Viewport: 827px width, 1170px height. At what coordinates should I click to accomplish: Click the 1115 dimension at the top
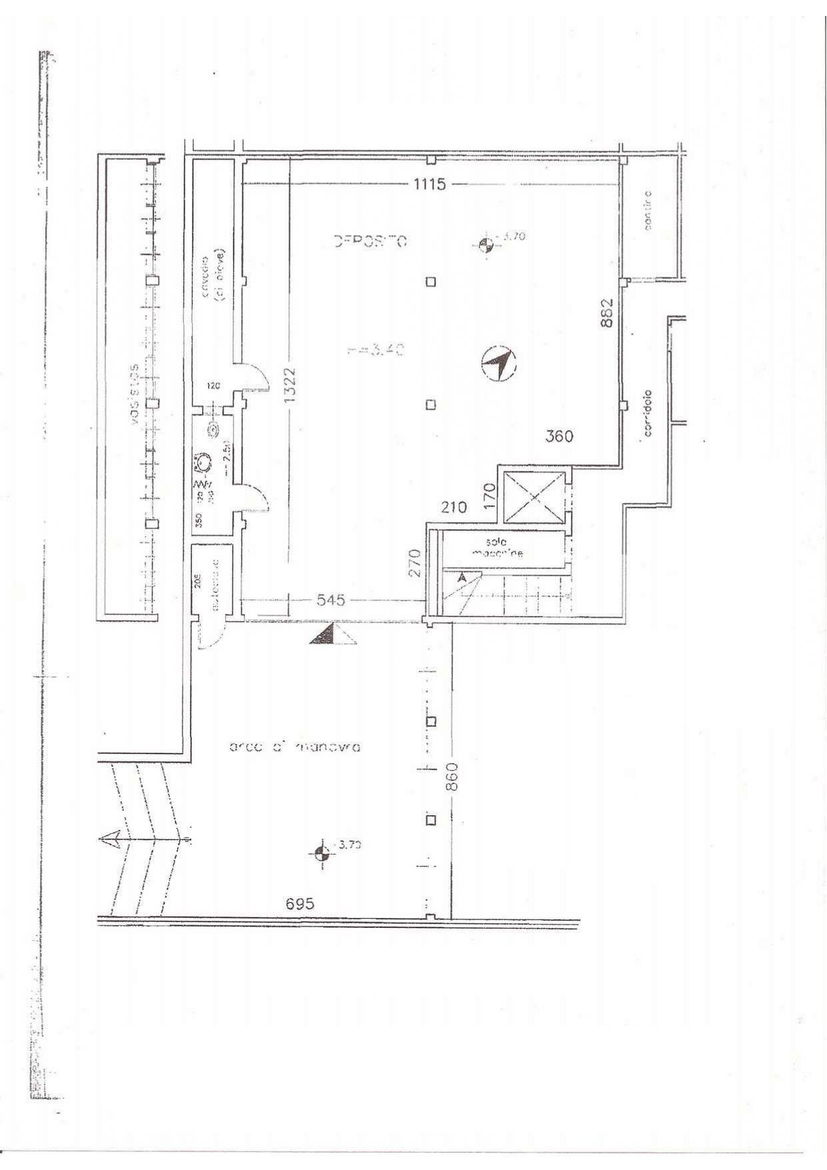pos(429,184)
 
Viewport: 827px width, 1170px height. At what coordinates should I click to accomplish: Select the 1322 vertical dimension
pos(289,386)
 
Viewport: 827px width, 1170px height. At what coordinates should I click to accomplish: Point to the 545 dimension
pos(331,600)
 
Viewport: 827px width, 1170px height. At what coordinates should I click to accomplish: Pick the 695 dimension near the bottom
pos(299,904)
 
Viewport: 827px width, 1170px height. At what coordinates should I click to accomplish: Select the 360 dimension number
pos(559,437)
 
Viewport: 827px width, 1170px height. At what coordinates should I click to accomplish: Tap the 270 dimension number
pos(414,563)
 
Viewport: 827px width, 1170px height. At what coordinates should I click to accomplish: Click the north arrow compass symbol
pos(500,364)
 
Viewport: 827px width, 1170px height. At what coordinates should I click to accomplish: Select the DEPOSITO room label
pos(370,241)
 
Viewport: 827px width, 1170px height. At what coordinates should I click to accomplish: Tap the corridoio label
pos(647,413)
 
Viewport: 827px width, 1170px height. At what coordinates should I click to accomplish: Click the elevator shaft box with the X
pos(534,497)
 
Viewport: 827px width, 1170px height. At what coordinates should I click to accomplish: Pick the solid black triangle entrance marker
pos(323,635)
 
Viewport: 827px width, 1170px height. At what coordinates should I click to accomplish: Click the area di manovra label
pos(294,747)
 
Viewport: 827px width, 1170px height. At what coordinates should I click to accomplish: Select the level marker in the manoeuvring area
pos(321,853)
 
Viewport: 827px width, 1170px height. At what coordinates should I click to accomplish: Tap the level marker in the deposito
pos(486,244)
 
